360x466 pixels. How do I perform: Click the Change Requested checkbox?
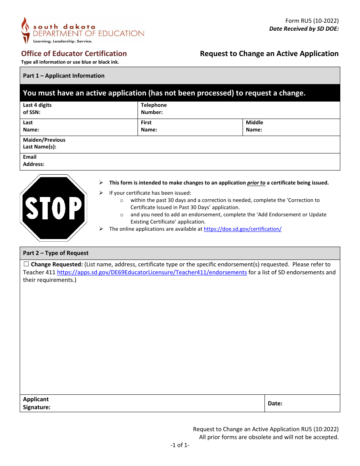pyautogui.click(x=26, y=264)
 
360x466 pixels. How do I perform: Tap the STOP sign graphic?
pyautogui.click(x=53, y=208)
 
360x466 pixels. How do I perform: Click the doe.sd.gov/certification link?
pyautogui.click(x=243, y=229)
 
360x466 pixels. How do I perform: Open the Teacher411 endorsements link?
pyautogui.click(x=152, y=272)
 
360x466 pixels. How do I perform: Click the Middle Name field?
pyautogui.click(x=299, y=127)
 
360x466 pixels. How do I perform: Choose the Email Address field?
pyautogui.click(x=189, y=162)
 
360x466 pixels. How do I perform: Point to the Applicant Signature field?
pyautogui.click(x=155, y=403)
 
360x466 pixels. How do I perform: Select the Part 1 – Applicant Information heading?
pyautogui.click(x=64, y=76)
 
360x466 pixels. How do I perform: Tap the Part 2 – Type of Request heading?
pyautogui.click(x=56, y=253)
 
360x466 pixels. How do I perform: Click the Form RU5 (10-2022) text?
pyautogui.click(x=312, y=21)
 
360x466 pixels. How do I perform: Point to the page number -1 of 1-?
pyautogui.click(x=180, y=445)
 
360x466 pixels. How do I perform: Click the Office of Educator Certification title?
pyautogui.click(x=74, y=53)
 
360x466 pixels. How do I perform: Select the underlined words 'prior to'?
pyautogui.click(x=256, y=183)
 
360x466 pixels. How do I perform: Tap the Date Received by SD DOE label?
pyautogui.click(x=304, y=29)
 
